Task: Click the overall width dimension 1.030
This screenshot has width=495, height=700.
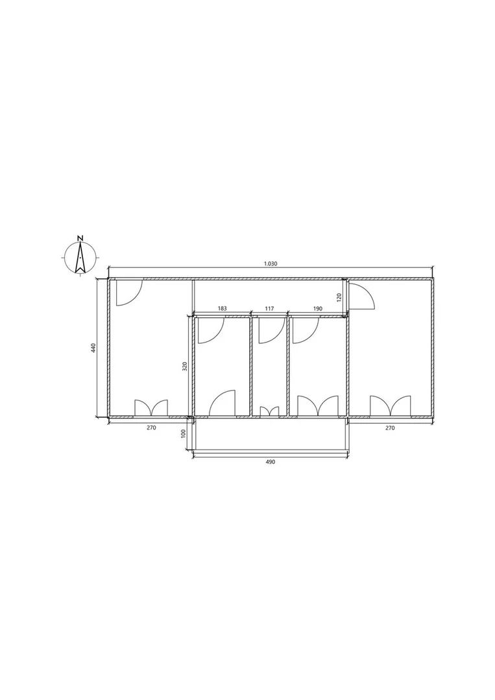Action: pos(271,263)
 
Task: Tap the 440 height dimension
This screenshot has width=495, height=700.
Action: pos(93,348)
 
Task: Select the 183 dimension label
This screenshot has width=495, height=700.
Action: pos(223,309)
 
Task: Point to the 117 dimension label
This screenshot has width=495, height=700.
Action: pos(269,309)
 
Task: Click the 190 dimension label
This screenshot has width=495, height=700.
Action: pos(318,309)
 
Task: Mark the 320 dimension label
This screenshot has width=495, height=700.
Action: pos(184,367)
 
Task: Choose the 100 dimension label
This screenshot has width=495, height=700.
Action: pos(182,434)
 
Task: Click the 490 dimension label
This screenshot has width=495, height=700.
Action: pos(270,462)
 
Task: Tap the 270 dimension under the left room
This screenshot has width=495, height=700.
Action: pos(151,428)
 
